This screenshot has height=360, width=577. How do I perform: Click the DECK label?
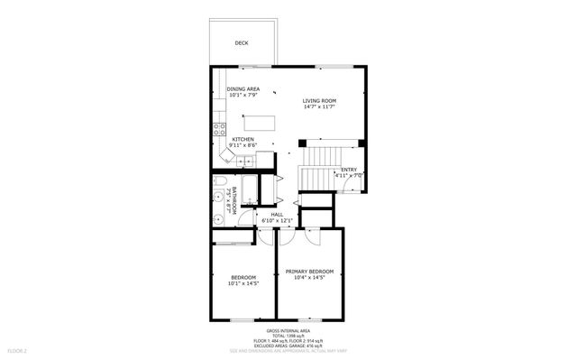point(242,42)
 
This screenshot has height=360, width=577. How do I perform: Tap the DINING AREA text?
point(243,88)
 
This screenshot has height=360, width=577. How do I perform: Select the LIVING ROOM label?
point(319,100)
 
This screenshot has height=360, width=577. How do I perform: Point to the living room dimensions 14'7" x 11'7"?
point(319,107)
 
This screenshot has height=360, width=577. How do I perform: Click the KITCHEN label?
point(243,139)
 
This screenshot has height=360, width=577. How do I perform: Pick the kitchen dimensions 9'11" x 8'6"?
point(243,145)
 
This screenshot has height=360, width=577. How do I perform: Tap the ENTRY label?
point(348,170)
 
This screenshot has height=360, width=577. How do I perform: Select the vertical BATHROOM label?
point(234,198)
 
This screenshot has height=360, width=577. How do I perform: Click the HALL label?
point(277,214)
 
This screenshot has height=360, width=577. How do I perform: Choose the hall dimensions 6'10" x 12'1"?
point(277,220)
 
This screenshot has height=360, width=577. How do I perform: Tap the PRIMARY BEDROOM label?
point(309,272)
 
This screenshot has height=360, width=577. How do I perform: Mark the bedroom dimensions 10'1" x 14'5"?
point(243,283)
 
